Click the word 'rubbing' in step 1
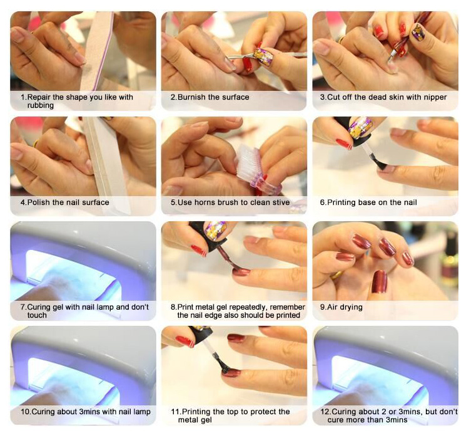click(x=41, y=105)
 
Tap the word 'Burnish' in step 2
click(x=191, y=97)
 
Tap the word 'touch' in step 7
click(x=37, y=315)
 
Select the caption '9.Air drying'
click(x=341, y=307)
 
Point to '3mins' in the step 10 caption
click(x=90, y=412)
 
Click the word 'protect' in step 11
click(x=255, y=412)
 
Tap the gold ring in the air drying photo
click(x=337, y=274)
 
